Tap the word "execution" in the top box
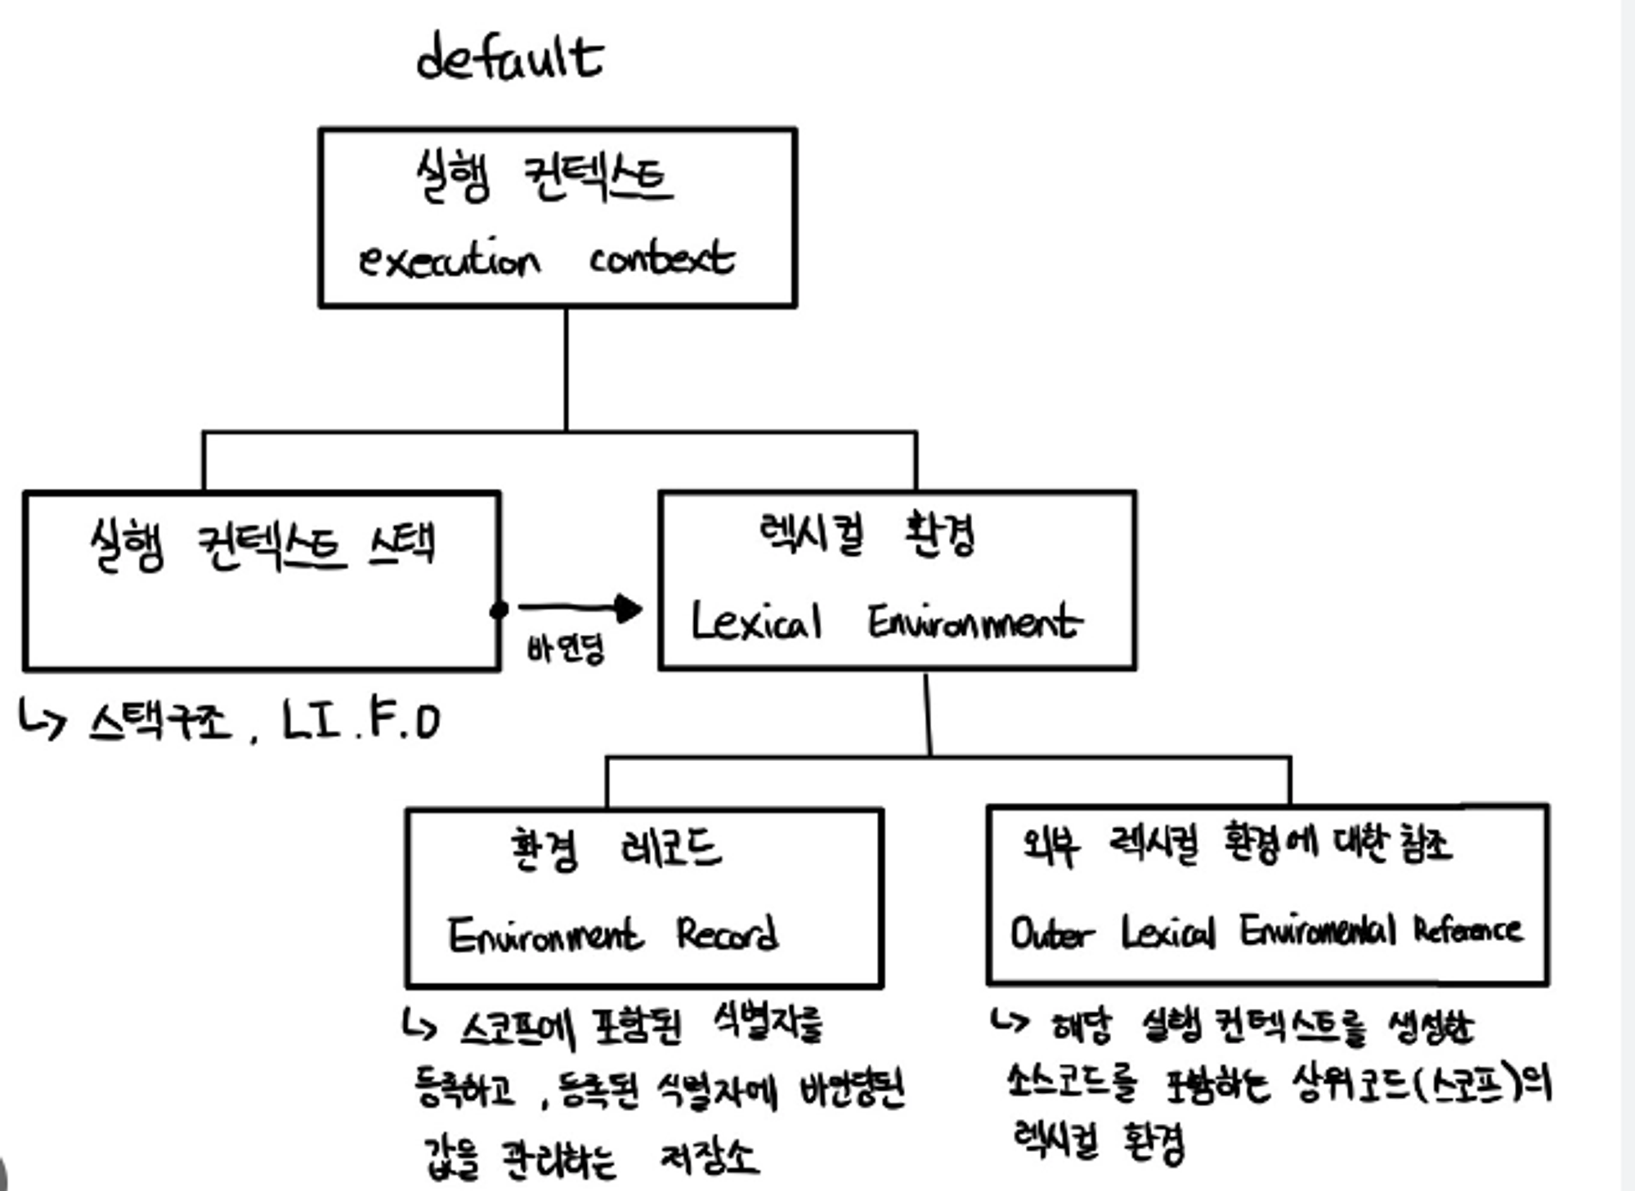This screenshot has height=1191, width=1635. coord(450,260)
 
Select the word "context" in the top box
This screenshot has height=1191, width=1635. coord(662,258)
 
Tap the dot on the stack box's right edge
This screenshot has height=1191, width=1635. coord(499,610)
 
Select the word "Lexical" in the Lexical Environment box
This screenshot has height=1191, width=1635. coord(756,621)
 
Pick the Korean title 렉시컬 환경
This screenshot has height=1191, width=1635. coord(867,535)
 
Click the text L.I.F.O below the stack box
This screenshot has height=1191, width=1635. coord(361,721)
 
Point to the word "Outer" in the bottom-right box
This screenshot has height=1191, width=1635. coord(1052,933)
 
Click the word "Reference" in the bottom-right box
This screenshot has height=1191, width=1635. coord(1468,930)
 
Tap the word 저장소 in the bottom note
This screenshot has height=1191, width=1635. coord(709,1157)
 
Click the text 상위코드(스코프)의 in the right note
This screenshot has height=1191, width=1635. coord(1422,1084)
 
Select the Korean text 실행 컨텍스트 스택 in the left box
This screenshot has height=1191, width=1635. coord(262,544)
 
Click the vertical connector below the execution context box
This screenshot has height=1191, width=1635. coord(566,368)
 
